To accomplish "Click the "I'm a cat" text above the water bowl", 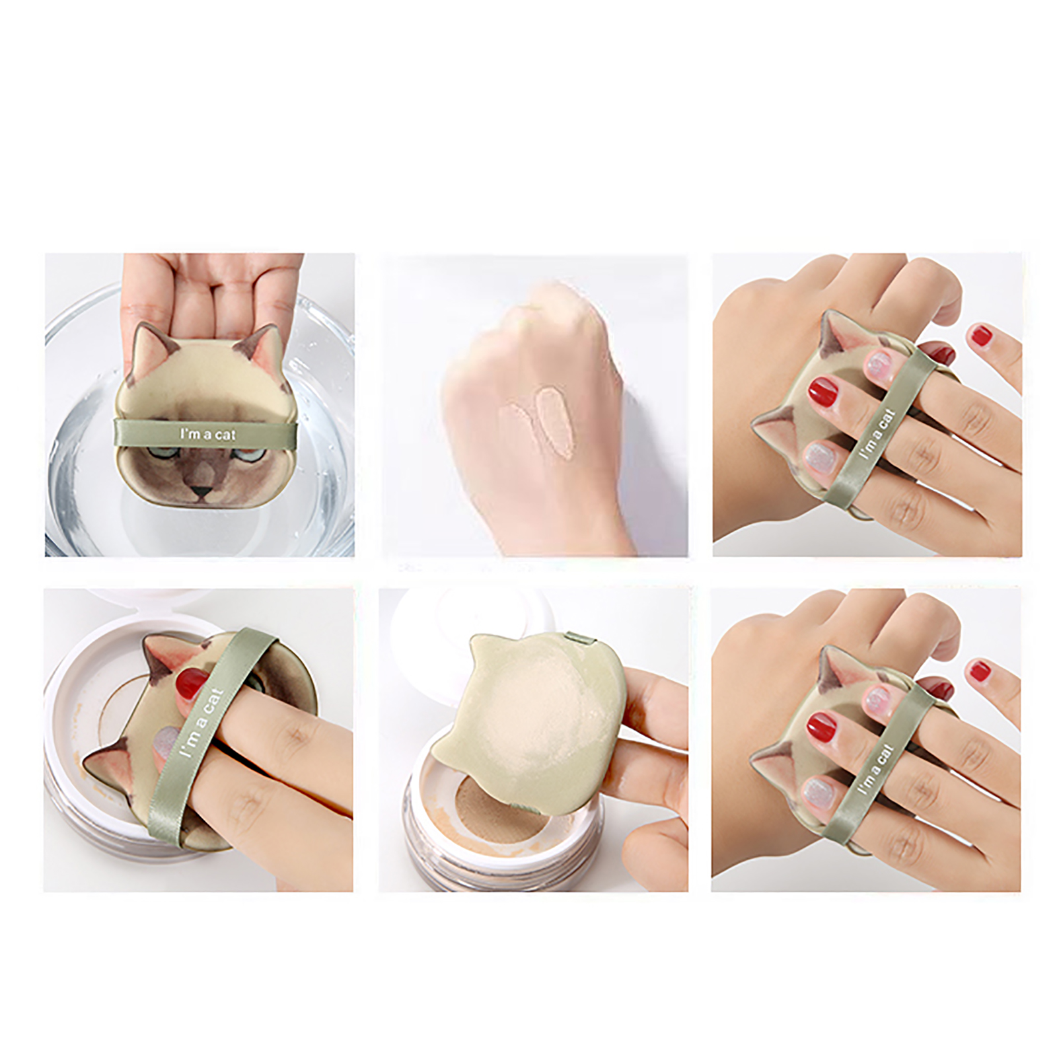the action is click(207, 434).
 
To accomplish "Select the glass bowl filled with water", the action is click(200, 423).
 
